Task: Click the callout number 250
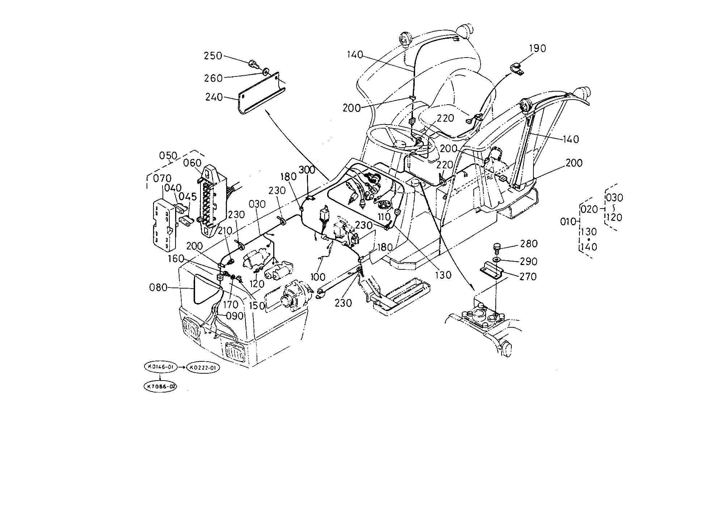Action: click(213, 56)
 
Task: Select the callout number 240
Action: click(214, 97)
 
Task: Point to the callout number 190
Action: click(537, 49)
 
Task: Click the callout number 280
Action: click(529, 244)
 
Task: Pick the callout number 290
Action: click(529, 261)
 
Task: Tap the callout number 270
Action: click(528, 277)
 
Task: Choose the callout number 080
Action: click(158, 287)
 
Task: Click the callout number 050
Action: click(169, 156)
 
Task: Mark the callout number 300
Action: click(307, 169)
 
